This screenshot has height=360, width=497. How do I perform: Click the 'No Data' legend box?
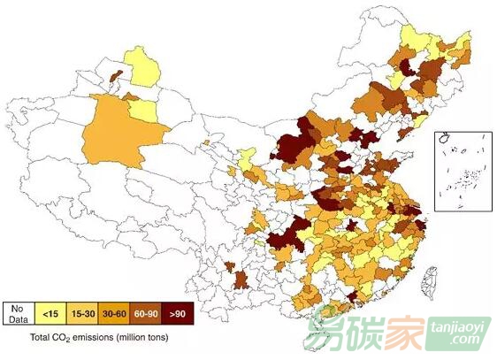click(x=18, y=311)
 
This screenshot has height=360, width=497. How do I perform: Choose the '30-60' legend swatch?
click(x=112, y=311)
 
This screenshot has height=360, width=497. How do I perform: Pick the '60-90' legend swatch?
click(x=145, y=311)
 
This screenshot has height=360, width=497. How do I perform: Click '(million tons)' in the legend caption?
click(x=141, y=336)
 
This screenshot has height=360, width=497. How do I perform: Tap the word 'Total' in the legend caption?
click(x=41, y=336)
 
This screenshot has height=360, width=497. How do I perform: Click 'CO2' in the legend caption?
click(x=62, y=336)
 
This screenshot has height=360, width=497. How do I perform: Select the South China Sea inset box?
click(x=458, y=172)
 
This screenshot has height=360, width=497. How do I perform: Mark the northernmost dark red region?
click(x=407, y=68)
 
